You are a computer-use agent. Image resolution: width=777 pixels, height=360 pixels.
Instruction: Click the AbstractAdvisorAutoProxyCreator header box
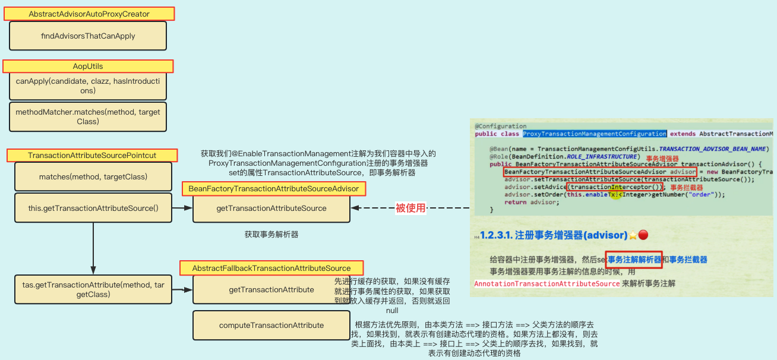[x=89, y=14]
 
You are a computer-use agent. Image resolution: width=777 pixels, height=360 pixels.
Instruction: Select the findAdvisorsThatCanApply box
[x=88, y=36]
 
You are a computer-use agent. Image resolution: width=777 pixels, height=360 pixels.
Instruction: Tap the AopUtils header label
[x=88, y=67]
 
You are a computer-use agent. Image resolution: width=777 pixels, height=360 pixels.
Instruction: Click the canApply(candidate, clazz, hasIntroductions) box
[x=88, y=86]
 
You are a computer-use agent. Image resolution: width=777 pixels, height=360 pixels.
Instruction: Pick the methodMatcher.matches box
[x=88, y=116]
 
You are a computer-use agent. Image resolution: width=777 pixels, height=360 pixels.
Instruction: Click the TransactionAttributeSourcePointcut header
[x=92, y=156]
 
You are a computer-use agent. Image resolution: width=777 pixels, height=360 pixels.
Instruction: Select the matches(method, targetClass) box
[x=93, y=176]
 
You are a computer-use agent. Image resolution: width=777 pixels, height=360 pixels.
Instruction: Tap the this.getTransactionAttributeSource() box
[x=93, y=208]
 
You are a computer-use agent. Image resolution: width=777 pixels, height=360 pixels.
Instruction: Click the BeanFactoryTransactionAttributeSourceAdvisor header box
[x=274, y=189]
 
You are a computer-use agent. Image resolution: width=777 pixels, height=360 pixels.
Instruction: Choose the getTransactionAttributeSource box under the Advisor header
[x=271, y=209]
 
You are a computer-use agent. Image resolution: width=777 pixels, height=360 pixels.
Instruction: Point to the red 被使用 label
[x=411, y=208]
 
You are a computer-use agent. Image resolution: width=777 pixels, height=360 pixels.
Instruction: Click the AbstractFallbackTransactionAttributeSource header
[x=271, y=269]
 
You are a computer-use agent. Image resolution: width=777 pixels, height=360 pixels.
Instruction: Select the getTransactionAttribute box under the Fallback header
[x=271, y=290]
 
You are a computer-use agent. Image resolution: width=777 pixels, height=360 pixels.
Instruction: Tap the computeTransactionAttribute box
[x=271, y=326]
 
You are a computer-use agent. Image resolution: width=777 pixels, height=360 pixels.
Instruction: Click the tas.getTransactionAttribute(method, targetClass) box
[x=93, y=290]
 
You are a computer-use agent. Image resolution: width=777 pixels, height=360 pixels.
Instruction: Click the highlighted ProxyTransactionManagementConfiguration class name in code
[x=595, y=134]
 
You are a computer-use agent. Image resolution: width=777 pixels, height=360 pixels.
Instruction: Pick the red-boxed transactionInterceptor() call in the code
[x=615, y=187]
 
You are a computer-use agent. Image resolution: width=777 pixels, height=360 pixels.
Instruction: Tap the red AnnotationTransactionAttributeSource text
[x=547, y=284]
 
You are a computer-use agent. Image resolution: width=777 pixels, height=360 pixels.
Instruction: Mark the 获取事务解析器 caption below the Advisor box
[x=271, y=235]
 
